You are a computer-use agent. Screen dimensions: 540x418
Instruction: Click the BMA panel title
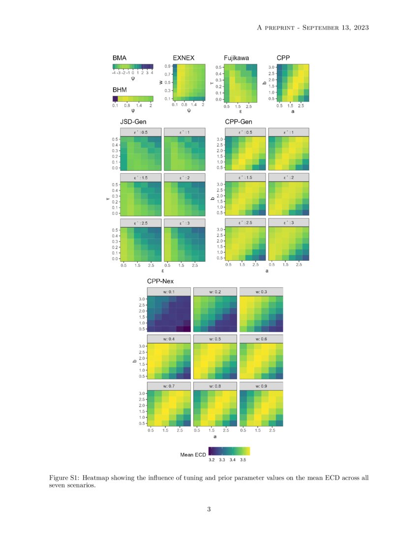pyautogui.click(x=119, y=58)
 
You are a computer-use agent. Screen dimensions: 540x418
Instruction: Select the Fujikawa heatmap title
pyautogui.click(x=236, y=58)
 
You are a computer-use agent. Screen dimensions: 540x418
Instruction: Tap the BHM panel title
pyautogui.click(x=119, y=90)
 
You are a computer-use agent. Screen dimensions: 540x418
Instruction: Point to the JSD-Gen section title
pyautogui.click(x=133, y=121)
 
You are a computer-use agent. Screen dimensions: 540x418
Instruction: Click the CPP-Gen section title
pyautogui.click(x=238, y=121)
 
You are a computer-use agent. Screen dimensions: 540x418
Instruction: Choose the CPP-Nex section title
pyautogui.click(x=160, y=281)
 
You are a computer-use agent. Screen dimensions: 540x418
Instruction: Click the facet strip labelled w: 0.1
pyautogui.click(x=169, y=292)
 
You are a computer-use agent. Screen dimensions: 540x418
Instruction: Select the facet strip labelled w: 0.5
pyautogui.click(x=215, y=338)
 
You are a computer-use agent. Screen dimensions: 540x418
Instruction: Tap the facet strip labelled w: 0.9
pyautogui.click(x=261, y=385)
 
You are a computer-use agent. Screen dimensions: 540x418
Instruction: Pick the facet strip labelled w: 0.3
pyautogui.click(x=261, y=292)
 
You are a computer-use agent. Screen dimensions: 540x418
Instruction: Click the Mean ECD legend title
pyautogui.click(x=192, y=455)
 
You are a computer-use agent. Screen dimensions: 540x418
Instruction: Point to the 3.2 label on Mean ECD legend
pyautogui.click(x=211, y=460)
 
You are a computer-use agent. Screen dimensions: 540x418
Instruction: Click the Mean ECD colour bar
pyautogui.click(x=229, y=451)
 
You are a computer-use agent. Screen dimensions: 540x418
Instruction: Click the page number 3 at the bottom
pyautogui.click(x=209, y=509)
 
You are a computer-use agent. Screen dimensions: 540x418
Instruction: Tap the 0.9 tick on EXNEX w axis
pyautogui.click(x=167, y=66)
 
